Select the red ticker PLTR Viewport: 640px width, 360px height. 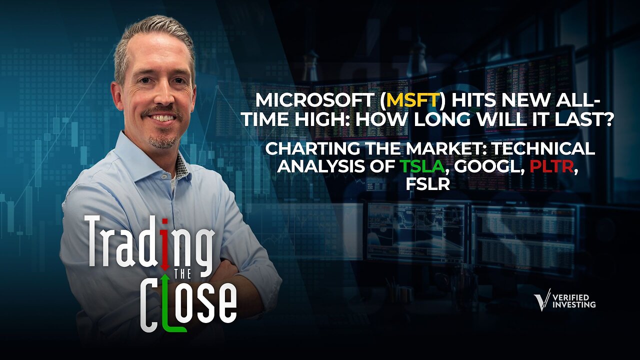pos(551,166)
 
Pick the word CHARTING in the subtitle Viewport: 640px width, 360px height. pos(313,148)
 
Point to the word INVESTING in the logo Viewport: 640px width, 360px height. pos(574,304)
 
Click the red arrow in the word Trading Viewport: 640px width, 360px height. pos(164,245)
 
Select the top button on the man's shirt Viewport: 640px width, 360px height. pos(164,177)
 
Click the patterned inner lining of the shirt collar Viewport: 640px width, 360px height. pos(181,166)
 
